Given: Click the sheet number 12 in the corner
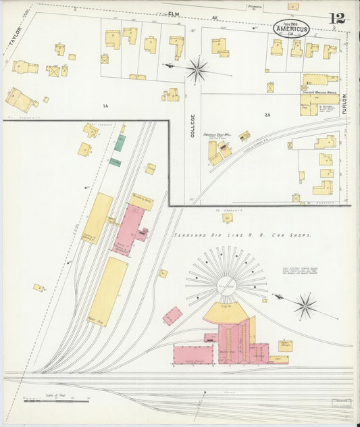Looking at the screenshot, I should pyautogui.click(x=336, y=19).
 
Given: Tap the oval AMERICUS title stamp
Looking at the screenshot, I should pyautogui.click(x=291, y=28).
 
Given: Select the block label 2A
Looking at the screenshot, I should pyautogui.click(x=267, y=115).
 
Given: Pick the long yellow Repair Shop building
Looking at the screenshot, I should pyautogui.click(x=108, y=291).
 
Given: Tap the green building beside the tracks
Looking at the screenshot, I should pyautogui.click(x=119, y=143).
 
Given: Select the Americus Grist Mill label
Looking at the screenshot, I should pyautogui.click(x=220, y=135).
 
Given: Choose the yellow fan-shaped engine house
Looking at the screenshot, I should pyautogui.click(x=226, y=311).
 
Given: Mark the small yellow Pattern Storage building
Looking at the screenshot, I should pyautogui.click(x=284, y=345).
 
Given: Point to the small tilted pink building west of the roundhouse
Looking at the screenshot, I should pyautogui.click(x=173, y=316).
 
